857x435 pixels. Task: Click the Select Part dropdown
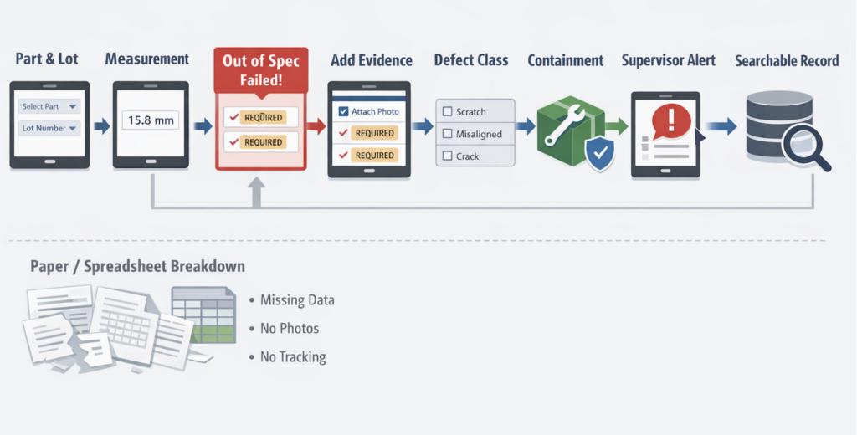49,106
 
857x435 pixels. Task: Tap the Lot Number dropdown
49,129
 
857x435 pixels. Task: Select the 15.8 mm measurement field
151,120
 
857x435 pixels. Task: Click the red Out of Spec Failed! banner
261,70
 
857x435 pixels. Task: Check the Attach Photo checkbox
343,111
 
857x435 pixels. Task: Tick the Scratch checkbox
447,111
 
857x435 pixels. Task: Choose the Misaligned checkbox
447,134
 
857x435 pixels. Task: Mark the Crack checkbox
447,156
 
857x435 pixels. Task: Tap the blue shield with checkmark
600,154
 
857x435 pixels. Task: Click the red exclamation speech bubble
672,122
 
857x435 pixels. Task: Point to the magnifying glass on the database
805,146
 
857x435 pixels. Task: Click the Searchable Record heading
787,61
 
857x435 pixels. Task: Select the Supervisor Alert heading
669,60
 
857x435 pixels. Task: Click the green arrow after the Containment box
617,127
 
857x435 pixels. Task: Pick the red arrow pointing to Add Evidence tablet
316,127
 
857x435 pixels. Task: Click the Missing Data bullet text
297,300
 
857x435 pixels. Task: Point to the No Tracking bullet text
293,357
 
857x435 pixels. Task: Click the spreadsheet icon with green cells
203,315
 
